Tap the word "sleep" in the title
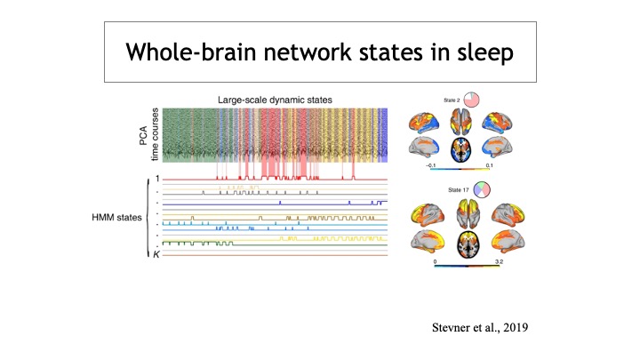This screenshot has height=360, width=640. pos(478,51)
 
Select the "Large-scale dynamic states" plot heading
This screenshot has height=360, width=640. pos(273,100)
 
